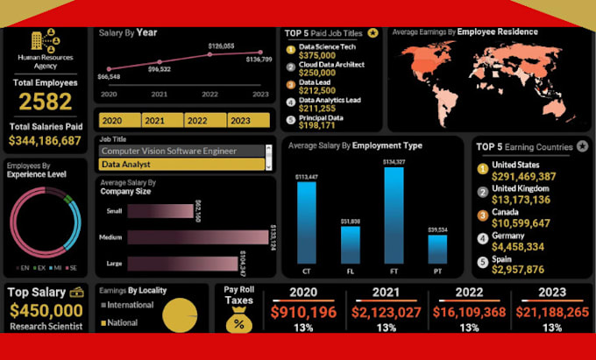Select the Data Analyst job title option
point(181,164)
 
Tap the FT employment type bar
point(394,215)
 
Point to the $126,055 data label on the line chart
point(221,46)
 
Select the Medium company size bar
point(197,237)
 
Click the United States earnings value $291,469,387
point(524,177)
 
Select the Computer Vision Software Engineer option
point(181,151)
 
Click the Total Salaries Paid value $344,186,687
point(45,140)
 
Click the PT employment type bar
point(437,250)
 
